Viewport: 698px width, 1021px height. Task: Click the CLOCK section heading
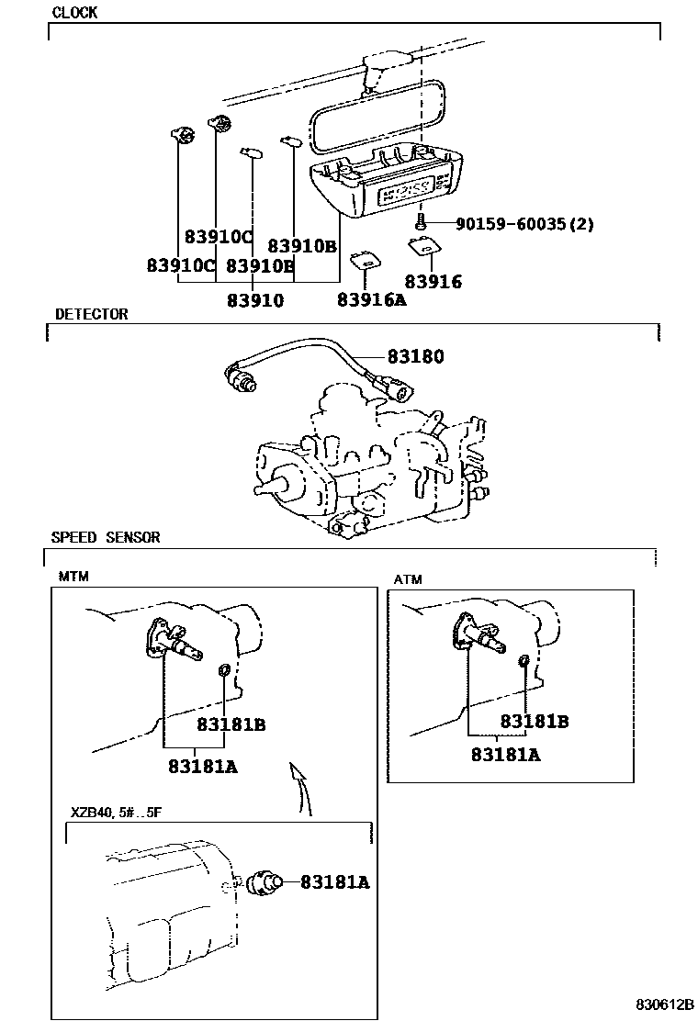coord(74,13)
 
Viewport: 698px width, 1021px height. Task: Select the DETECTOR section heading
coord(91,314)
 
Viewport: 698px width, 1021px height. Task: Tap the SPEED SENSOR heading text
coord(105,537)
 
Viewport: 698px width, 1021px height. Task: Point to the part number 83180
coord(415,356)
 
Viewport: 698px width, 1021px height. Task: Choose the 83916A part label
coord(371,299)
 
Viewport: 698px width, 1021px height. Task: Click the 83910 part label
coord(255,299)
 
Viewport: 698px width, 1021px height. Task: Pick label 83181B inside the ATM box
coord(535,722)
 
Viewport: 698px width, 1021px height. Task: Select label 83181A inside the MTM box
coord(202,766)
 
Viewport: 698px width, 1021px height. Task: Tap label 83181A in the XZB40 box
coord(334,882)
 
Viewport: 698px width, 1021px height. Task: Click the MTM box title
coord(73,577)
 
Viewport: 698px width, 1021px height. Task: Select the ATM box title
coord(409,579)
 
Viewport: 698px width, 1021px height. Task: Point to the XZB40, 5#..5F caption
coord(116,813)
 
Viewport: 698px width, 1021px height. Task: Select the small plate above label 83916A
coord(366,260)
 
